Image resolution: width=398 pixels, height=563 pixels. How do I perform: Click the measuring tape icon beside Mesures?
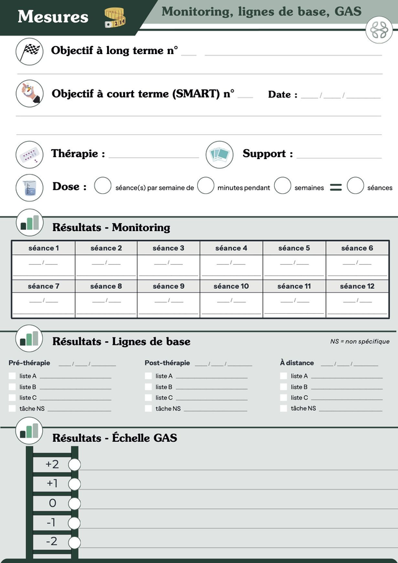[x=115, y=17]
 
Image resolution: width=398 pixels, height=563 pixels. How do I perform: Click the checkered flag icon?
[x=29, y=52]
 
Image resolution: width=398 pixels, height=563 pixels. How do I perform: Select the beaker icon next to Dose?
[x=29, y=187]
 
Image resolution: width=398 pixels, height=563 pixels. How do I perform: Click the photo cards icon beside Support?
[x=220, y=154]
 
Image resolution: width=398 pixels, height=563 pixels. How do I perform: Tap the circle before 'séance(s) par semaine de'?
[x=103, y=186]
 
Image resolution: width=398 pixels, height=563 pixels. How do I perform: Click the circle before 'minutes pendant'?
[x=206, y=186]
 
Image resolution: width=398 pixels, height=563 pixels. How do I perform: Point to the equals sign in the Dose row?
[x=336, y=187]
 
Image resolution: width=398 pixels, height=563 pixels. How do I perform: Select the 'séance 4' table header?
[x=231, y=248]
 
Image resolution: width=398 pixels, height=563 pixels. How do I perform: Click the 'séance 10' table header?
[x=231, y=286]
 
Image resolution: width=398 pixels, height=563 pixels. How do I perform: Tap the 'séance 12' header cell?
[x=358, y=286]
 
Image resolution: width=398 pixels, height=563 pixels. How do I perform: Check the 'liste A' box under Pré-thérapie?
[x=12, y=376]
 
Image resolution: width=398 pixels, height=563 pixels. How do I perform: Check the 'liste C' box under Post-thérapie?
[x=148, y=398]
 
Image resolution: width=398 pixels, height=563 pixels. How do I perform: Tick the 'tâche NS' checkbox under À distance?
[x=284, y=408]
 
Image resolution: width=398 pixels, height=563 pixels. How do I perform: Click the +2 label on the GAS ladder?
[x=52, y=464]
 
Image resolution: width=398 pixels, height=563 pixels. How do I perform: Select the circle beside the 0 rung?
[x=75, y=503]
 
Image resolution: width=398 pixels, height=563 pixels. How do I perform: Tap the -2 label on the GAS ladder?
[x=52, y=542]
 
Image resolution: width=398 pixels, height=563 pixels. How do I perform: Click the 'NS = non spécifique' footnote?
[x=359, y=341]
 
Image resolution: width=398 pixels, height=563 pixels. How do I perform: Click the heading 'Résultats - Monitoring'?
[x=111, y=227]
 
